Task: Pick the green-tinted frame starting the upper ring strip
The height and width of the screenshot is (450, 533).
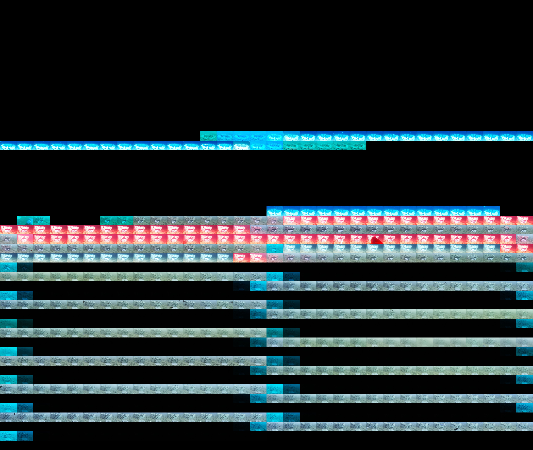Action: (208, 136)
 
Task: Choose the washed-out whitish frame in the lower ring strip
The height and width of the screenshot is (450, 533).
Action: (241, 145)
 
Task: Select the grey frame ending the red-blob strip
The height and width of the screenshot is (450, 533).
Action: (525, 239)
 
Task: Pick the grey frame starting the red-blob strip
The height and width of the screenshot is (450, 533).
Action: (8, 239)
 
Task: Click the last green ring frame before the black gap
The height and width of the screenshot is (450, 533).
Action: (358, 145)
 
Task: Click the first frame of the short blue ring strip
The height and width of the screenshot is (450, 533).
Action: (275, 211)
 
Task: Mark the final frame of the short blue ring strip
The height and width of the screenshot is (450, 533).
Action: (491, 211)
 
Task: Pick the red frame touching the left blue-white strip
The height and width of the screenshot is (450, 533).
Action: (241, 258)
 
